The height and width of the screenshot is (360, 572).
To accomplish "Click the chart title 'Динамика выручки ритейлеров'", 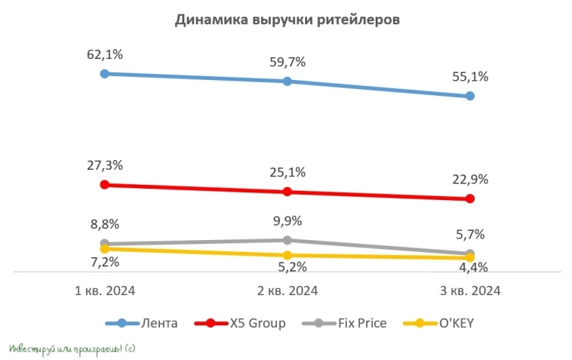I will (287, 20).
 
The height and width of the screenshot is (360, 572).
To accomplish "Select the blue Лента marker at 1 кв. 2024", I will (104, 73).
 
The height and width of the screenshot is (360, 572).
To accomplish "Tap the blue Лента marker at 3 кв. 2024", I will (470, 96).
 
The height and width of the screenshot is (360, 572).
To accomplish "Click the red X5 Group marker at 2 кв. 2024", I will (287, 192).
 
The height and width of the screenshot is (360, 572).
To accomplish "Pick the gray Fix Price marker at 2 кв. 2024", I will (287, 240).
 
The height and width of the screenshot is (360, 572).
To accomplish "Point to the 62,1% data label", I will (104, 54).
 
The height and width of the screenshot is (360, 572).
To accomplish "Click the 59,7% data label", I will (287, 62).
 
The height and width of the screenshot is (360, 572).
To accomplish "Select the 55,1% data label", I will (470, 76).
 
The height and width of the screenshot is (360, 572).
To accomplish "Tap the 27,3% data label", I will (104, 165).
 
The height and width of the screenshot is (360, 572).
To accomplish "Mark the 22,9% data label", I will (470, 180).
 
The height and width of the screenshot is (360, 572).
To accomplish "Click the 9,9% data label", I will (287, 221).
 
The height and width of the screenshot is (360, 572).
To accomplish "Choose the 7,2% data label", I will (104, 262).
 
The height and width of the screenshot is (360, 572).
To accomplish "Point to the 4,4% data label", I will (470, 267).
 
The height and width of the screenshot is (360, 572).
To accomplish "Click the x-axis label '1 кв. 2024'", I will (104, 291).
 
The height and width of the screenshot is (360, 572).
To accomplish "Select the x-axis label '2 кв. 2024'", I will (287, 291).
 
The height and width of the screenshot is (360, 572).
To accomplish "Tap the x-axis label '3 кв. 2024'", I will (470, 291).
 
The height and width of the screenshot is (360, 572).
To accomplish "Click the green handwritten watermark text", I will (72, 349).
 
